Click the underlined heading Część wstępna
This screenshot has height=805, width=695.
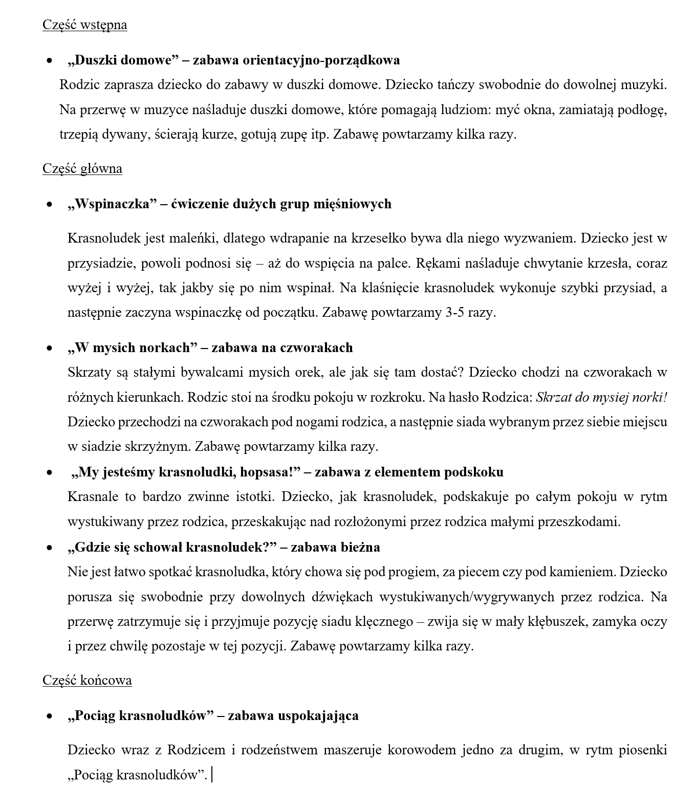coord(84,25)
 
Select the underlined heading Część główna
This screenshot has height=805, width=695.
coord(82,169)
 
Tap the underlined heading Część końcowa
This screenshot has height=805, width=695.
coord(87,681)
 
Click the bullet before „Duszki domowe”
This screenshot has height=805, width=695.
coord(49,60)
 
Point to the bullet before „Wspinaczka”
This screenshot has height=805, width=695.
coord(49,204)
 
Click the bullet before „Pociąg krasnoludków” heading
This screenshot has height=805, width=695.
coord(49,715)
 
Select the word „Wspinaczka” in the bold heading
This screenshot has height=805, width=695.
coord(112,204)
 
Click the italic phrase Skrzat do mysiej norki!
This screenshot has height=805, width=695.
coord(601,397)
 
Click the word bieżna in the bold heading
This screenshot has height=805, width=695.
coord(360,548)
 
